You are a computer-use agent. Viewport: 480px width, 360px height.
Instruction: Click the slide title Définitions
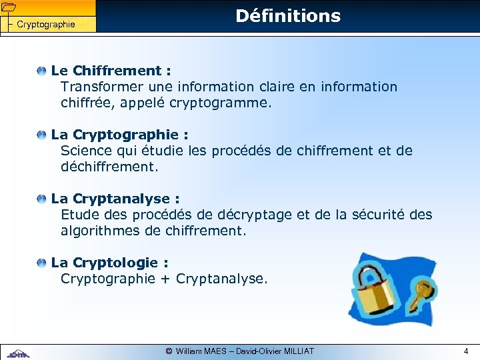pos(288,16)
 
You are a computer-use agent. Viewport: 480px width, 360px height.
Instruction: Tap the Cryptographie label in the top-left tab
pos(45,25)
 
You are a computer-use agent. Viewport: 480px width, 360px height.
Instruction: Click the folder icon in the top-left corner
pos(7,7)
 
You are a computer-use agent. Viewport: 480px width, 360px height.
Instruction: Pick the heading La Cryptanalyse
pos(115,199)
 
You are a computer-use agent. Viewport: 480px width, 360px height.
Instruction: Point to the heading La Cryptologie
pos(109,263)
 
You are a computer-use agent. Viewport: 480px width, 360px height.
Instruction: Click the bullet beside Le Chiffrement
pos(43,71)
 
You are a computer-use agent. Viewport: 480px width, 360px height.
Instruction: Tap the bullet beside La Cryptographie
pos(43,135)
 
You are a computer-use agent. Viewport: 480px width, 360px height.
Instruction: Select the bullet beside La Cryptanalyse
pos(43,199)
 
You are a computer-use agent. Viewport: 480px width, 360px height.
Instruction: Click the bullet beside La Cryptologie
pos(43,263)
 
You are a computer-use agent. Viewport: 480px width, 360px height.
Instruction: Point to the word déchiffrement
pos(109,167)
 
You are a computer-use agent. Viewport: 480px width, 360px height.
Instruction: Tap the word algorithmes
pos(101,231)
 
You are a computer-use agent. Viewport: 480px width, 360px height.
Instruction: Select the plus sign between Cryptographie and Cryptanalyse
pos(165,279)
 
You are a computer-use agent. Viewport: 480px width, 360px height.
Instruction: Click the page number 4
pos(466,351)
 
